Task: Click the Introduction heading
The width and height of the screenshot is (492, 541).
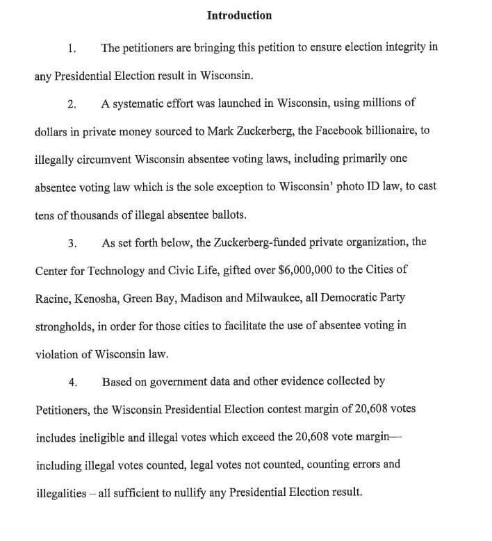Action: click(239, 15)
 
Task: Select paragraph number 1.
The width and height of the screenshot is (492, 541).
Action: click(72, 49)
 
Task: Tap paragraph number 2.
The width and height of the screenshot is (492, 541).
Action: click(72, 104)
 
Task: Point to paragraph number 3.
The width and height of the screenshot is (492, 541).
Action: click(72, 243)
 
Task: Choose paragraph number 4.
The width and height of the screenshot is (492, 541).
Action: click(72, 382)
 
